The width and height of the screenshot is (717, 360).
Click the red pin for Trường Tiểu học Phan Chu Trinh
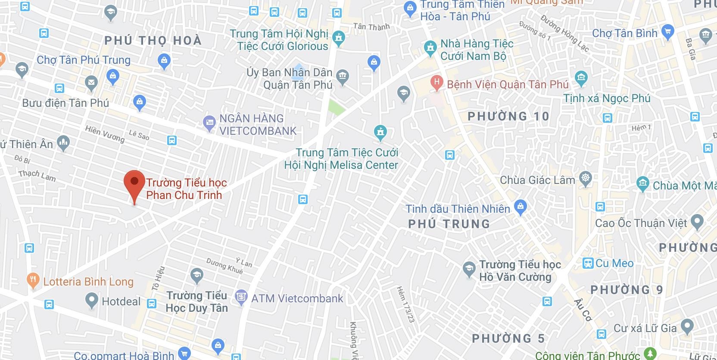[134, 183]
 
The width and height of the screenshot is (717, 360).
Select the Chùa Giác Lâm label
[537, 180]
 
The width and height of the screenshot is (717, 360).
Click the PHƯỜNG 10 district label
[508, 116]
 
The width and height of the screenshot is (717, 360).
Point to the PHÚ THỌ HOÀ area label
[153, 40]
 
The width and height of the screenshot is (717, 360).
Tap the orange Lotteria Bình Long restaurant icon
[33, 280]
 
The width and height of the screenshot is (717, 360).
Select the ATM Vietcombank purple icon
[241, 297]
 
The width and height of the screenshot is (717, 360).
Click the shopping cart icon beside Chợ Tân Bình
[667, 31]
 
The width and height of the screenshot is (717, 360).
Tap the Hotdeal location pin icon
[91, 300]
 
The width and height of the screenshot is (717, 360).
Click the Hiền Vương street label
[105, 134]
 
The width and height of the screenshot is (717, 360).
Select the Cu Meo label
[614, 263]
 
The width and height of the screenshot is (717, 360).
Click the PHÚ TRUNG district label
[449, 224]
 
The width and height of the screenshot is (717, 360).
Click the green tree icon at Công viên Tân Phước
[650, 354]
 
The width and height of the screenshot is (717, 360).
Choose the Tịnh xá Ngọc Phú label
[607, 98]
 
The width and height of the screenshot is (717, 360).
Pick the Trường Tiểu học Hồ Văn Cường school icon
[469, 269]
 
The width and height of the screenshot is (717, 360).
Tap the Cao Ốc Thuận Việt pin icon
[697, 222]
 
